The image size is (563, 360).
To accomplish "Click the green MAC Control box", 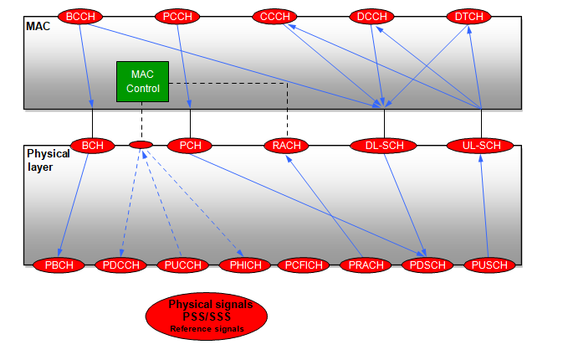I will [142, 81].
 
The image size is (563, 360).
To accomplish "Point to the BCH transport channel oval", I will [93, 145].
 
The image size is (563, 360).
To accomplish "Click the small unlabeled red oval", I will [141, 145].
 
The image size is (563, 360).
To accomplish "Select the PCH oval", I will [191, 145].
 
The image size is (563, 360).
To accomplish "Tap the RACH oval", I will [287, 146].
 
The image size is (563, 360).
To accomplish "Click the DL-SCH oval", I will [384, 146].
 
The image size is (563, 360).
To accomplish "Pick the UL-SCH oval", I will [481, 146].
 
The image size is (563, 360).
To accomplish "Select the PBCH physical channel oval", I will [59, 265].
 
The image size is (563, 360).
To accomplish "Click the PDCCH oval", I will [120, 265].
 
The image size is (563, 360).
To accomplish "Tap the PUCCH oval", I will [182, 265].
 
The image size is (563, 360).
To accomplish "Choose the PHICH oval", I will [244, 265].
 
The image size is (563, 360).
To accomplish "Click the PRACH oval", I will [366, 265].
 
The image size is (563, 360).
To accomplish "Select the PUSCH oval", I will [489, 265].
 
